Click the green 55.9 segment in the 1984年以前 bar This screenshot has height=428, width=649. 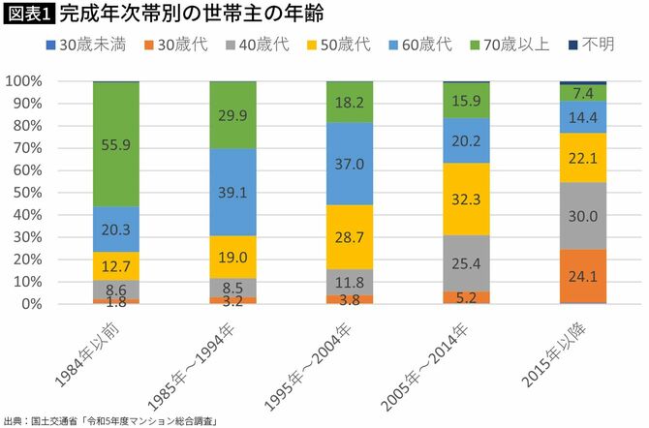coord(116,143)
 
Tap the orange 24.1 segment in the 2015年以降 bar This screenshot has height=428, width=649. coord(583,276)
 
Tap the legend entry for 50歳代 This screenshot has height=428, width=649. coord(331,45)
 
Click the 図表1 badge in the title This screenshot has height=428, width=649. coord(28,14)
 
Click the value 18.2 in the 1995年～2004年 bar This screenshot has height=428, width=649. coord(350,102)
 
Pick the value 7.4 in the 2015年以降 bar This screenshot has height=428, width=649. coord(583,93)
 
